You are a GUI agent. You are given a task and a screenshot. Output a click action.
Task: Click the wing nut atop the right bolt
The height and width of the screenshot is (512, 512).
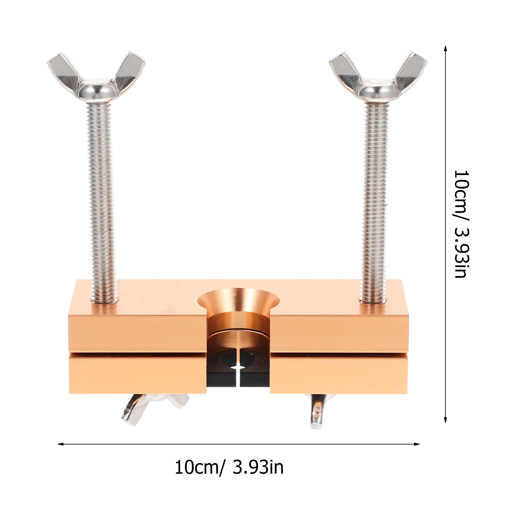coord(378,78)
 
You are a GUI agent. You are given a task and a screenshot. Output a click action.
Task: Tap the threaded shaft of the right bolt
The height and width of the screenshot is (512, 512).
coord(375,202)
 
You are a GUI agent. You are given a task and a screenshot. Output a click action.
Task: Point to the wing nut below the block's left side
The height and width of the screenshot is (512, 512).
coord(154,408)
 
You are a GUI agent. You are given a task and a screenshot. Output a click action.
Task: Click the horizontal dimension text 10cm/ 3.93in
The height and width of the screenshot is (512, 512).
coord(229,467)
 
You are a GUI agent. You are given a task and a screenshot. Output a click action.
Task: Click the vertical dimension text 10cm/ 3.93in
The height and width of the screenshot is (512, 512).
coord(461,224)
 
